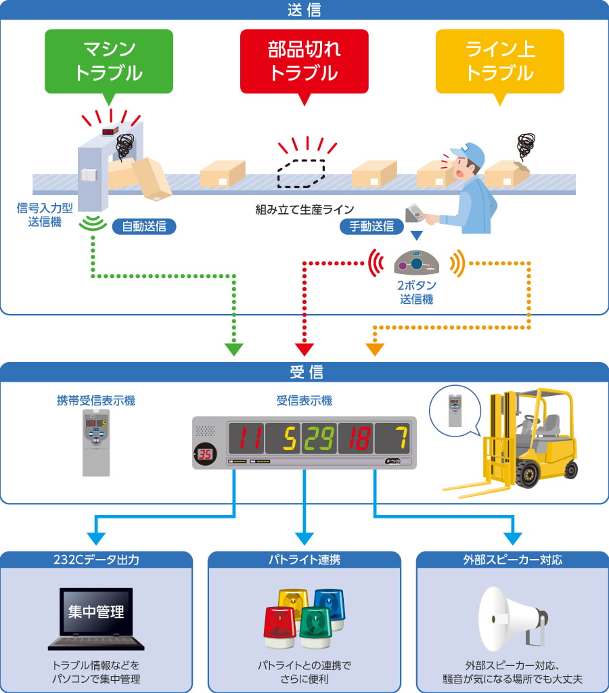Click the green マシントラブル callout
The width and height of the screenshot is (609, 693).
click(108, 61)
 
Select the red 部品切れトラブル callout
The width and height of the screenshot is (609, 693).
click(304, 61)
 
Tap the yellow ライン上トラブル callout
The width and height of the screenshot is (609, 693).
click(499, 61)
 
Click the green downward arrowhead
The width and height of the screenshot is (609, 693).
click(233, 349)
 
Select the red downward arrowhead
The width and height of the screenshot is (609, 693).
click(304, 349)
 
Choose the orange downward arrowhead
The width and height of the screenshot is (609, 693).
click(375, 349)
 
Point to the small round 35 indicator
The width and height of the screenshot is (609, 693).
click(204, 454)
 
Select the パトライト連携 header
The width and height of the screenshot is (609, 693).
click(304, 560)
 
